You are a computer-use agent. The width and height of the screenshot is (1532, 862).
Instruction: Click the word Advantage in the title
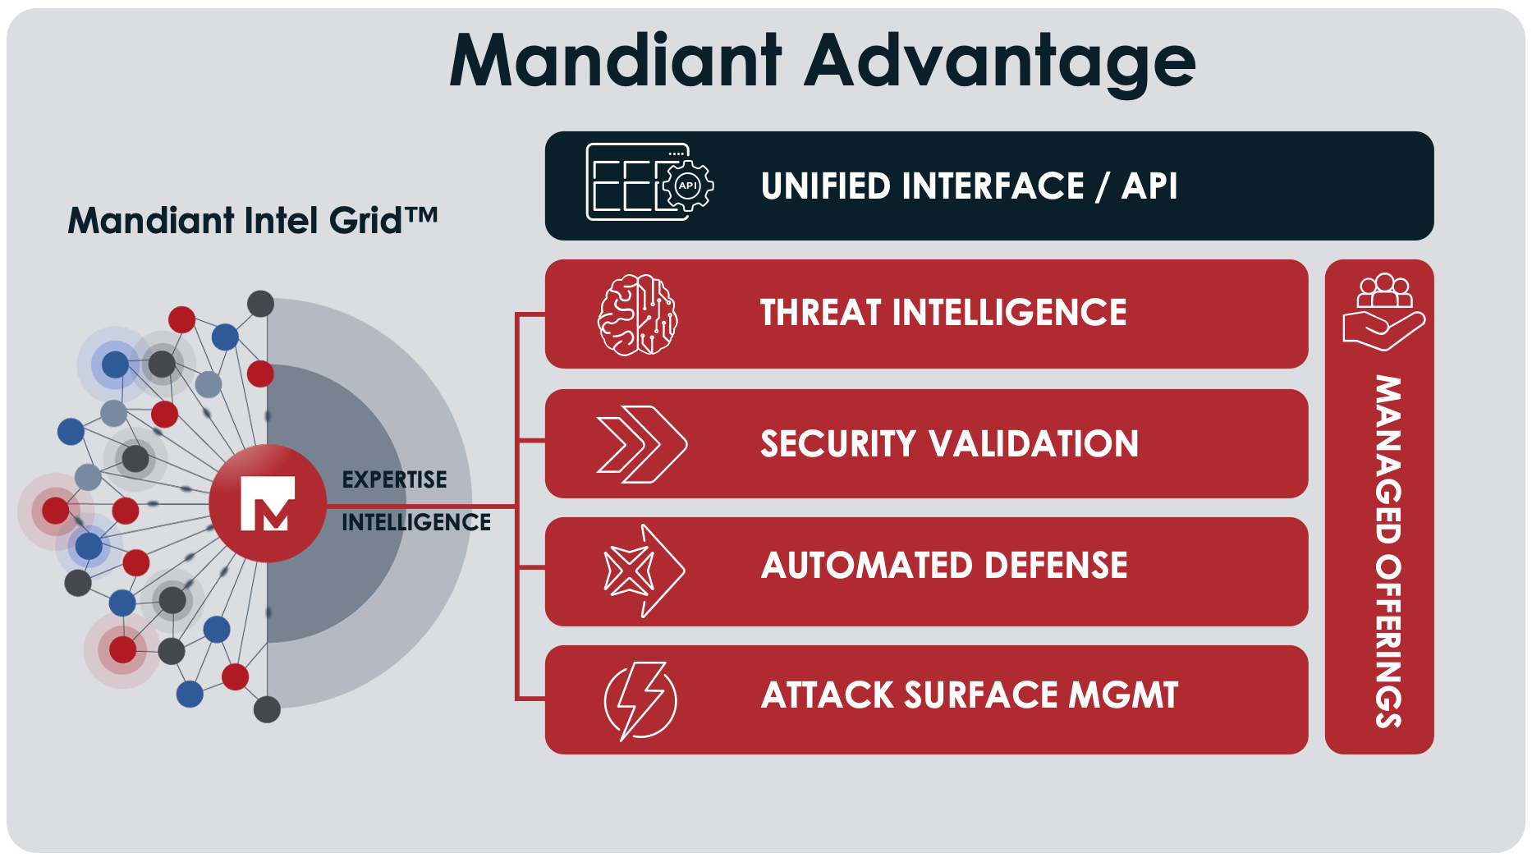(x=999, y=62)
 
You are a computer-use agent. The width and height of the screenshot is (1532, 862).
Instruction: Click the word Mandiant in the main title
(x=616, y=62)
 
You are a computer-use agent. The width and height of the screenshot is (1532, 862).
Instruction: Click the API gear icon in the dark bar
(x=687, y=186)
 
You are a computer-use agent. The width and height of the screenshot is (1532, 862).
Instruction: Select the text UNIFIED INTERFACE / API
(x=969, y=186)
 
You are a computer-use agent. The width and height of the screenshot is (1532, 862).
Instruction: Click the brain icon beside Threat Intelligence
(x=637, y=315)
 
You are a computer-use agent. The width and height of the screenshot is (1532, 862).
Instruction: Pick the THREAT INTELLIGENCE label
(x=943, y=313)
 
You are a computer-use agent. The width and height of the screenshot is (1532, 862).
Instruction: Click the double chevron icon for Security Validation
(x=640, y=444)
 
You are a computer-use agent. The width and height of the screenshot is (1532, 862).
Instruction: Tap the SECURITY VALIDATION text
(x=949, y=444)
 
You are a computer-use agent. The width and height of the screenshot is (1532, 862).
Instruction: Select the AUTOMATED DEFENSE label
(x=944, y=566)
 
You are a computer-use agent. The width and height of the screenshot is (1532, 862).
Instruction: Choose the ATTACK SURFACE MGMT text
(x=969, y=695)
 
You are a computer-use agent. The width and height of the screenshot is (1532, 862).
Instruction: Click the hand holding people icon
(x=1383, y=312)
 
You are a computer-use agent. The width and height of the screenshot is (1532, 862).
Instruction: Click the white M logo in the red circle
(x=267, y=504)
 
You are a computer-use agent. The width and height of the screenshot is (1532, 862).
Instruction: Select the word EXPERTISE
(x=394, y=479)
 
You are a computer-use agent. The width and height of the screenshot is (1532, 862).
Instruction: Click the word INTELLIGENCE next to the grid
(x=415, y=522)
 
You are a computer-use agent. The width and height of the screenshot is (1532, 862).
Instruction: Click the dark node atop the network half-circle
(x=260, y=304)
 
